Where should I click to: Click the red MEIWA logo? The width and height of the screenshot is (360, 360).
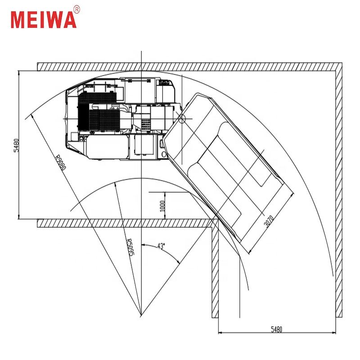[44, 20]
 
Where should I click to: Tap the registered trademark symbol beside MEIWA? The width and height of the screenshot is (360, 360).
[77, 9]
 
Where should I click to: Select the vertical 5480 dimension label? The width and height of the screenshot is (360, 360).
[16, 145]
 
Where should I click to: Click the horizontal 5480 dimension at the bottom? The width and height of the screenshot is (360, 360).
[276, 329]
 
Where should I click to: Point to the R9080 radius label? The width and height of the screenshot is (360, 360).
[61, 162]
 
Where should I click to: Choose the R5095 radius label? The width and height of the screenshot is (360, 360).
[130, 247]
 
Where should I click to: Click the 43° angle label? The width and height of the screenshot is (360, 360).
[161, 246]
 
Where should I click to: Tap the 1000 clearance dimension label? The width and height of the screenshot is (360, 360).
[162, 207]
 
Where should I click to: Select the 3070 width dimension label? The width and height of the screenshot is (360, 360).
[269, 221]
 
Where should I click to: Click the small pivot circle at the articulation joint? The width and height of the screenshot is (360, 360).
[182, 119]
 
